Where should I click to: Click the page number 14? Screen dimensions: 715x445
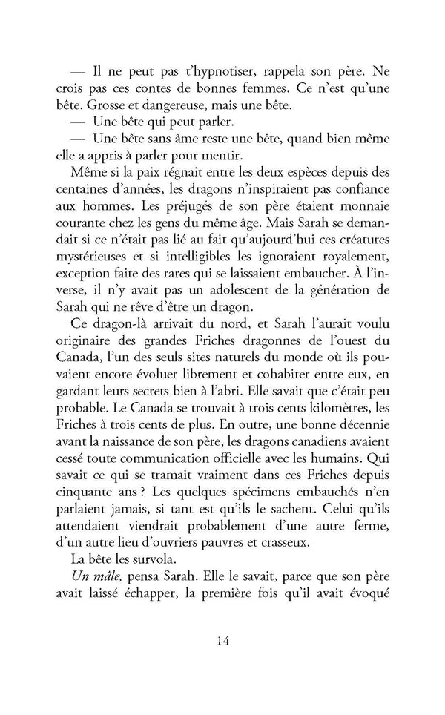click(x=222, y=642)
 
